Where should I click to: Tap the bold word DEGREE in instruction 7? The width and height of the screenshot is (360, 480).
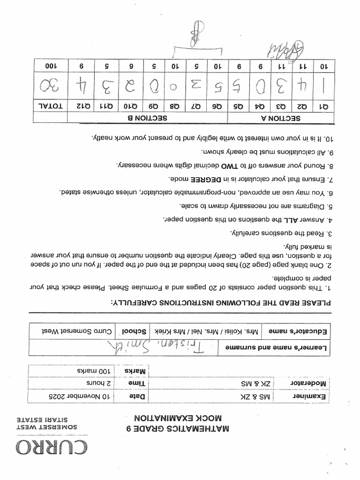tap(211, 179)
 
